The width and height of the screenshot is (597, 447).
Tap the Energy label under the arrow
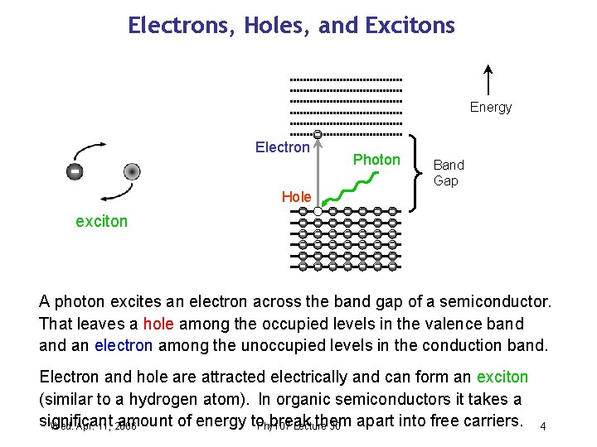coord(491,107)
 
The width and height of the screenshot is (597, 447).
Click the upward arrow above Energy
coord(488,79)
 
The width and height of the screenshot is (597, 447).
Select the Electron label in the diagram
coord(282,147)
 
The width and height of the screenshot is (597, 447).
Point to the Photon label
coord(376,159)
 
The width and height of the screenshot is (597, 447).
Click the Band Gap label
coord(449,173)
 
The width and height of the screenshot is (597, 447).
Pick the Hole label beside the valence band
coord(296,197)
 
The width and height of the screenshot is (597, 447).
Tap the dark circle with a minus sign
coord(75,171)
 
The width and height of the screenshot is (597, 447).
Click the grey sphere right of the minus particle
coord(131,172)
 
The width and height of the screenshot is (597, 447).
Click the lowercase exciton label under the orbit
coord(102,222)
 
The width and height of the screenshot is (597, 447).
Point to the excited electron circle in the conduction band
coord(318,134)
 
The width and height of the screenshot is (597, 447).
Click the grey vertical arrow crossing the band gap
coord(318,170)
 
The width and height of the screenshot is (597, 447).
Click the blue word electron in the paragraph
coord(124,344)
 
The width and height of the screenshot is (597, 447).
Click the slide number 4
coord(542,426)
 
